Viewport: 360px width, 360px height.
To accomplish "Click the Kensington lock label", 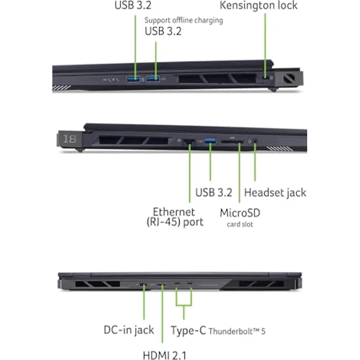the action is click(x=259, y=5).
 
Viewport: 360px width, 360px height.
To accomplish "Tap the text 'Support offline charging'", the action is click(x=184, y=21).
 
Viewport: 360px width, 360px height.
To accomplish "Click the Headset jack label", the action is click(x=275, y=193).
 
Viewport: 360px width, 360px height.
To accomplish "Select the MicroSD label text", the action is click(x=240, y=213).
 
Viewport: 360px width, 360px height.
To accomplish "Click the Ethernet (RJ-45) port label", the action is click(x=175, y=217).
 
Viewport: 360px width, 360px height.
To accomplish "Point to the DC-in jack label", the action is click(x=129, y=330).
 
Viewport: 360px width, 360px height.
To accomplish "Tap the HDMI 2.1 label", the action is click(x=164, y=355).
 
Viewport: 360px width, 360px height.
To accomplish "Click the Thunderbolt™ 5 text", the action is click(x=237, y=331).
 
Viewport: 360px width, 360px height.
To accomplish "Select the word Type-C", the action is click(x=188, y=330).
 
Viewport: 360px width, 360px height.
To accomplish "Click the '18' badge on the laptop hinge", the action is click(x=69, y=139).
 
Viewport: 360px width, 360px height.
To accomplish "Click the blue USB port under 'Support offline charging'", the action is click(x=153, y=79).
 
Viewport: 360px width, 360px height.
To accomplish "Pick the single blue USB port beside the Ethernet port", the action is click(x=210, y=141).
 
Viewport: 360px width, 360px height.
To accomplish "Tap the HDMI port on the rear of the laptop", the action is click(x=162, y=285).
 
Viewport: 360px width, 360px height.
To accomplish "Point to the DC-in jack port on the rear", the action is click(x=143, y=285).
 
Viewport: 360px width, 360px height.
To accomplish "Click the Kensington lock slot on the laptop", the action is click(x=266, y=78).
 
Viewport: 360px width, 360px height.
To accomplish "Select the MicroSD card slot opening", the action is click(x=232, y=142).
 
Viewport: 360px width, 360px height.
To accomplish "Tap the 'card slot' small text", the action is click(x=240, y=225).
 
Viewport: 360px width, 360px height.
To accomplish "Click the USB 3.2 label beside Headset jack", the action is click(x=214, y=192).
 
